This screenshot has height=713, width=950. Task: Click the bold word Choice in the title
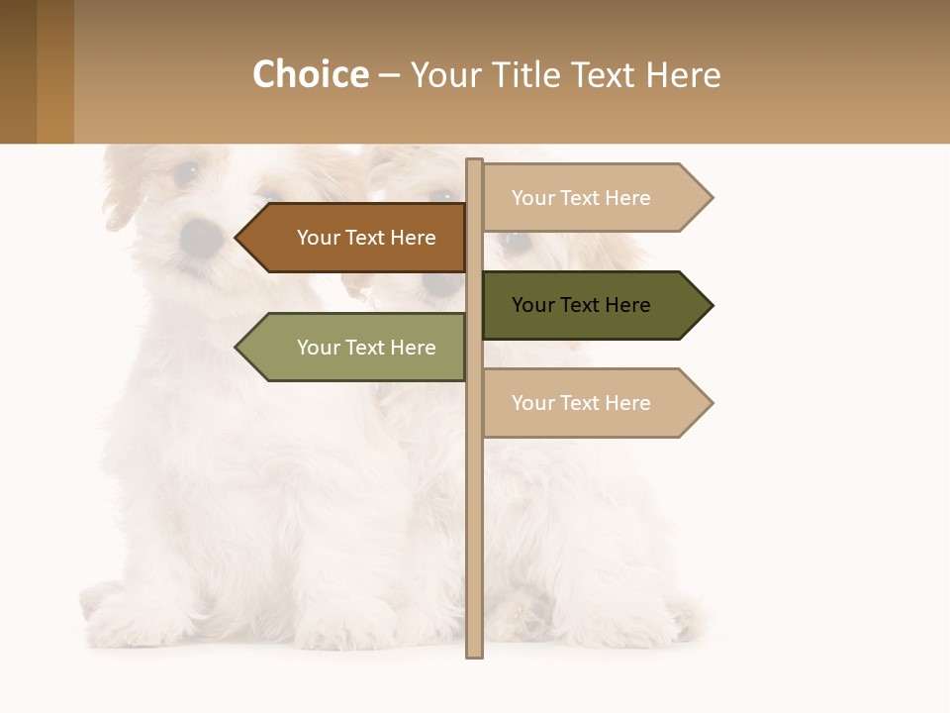pos(310,75)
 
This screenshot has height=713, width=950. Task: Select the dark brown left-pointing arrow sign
pos(356,238)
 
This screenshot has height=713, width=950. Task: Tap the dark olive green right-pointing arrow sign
pos(590,305)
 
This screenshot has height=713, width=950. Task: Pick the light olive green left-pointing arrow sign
pos(356,348)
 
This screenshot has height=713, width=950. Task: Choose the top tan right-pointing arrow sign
pos(590,198)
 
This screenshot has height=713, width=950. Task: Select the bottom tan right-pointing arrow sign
pos(590,403)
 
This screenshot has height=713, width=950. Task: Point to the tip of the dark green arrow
pos(711,305)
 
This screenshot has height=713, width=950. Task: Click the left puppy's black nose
pos(202,236)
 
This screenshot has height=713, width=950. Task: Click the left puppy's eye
pos(185,172)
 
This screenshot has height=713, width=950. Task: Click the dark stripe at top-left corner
pos(18,71)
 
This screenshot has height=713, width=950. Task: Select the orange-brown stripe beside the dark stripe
pos(55,71)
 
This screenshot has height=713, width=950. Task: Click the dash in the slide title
pos(389,76)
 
